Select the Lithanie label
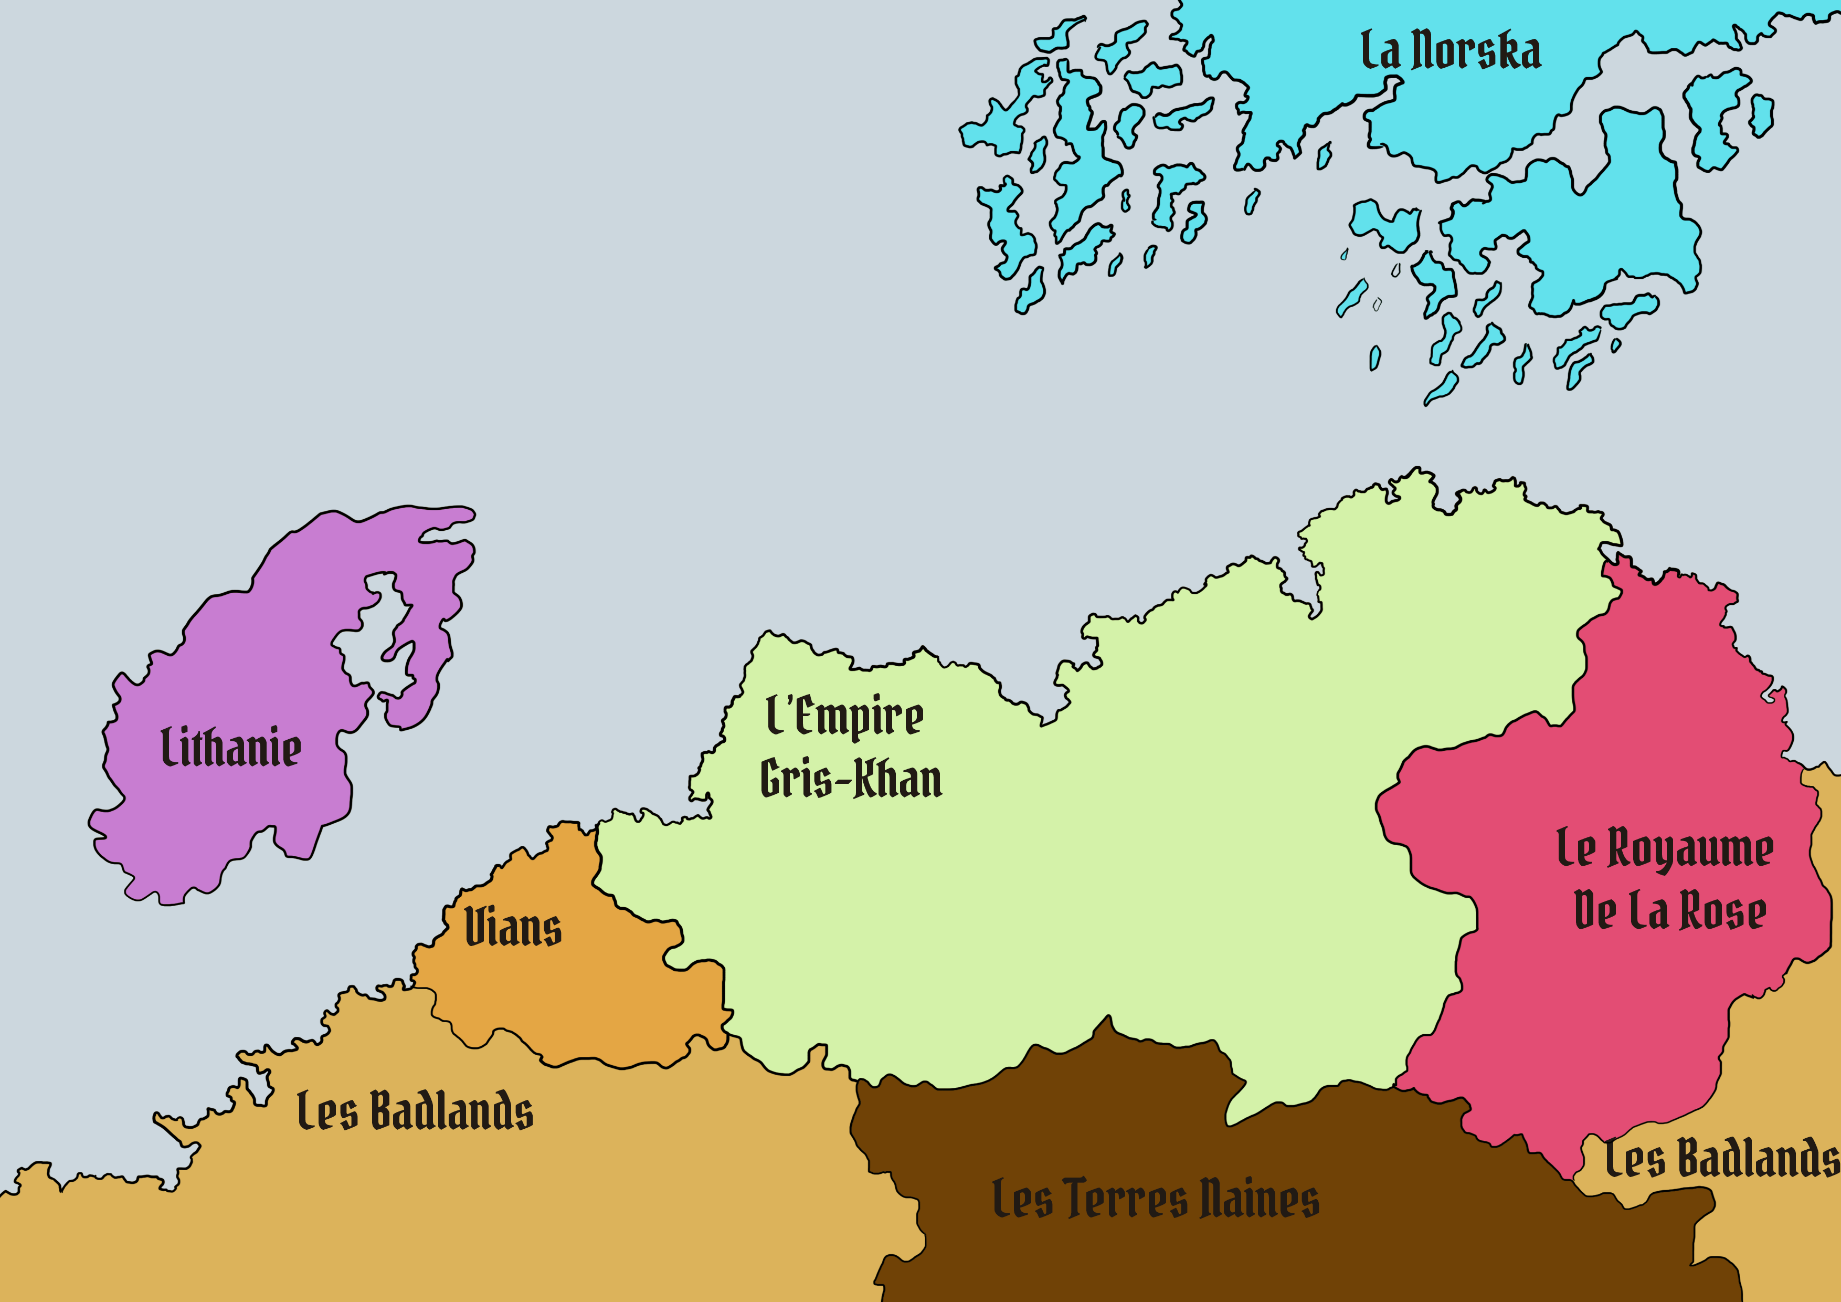231,748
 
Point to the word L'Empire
844,717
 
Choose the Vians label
513,928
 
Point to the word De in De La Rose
1595,911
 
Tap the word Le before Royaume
1575,849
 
